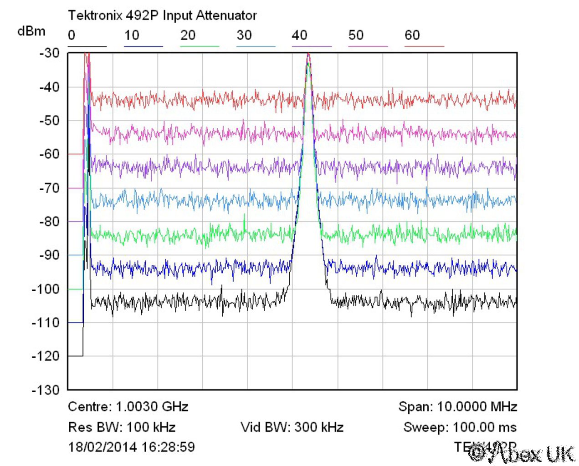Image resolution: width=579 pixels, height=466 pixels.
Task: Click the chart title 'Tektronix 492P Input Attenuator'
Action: click(x=162, y=15)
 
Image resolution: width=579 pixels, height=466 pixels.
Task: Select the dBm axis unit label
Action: click(x=31, y=31)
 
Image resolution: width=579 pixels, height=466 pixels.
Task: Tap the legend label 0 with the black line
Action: click(x=72, y=35)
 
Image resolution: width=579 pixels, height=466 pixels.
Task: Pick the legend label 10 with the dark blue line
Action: click(x=132, y=35)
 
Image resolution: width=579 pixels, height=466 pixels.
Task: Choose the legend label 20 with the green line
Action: click(x=188, y=35)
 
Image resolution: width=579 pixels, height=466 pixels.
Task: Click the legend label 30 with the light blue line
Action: click(x=244, y=35)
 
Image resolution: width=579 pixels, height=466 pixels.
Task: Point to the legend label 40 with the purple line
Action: click(x=300, y=35)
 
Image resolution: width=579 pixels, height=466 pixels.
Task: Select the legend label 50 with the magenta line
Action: click(x=356, y=35)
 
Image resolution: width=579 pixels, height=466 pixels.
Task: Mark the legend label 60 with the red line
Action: click(x=412, y=35)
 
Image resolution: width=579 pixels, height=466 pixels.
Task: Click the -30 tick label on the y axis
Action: click(x=49, y=53)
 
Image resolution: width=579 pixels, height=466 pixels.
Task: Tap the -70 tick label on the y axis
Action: click(x=49, y=188)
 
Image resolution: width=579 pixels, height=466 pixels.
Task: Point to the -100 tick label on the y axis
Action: click(x=46, y=289)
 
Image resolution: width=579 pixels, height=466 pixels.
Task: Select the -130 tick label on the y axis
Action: click(x=46, y=390)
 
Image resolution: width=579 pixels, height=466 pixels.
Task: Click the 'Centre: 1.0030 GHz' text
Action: click(x=128, y=406)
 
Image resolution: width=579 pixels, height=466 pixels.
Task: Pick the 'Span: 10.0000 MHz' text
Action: click(x=457, y=406)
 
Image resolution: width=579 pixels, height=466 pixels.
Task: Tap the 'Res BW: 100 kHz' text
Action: click(x=122, y=427)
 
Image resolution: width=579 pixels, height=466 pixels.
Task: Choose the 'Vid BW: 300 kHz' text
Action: click(x=292, y=427)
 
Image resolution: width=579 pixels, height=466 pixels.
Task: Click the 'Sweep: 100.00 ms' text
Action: click(x=460, y=427)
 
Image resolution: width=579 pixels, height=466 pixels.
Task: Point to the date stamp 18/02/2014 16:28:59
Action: click(x=132, y=447)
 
